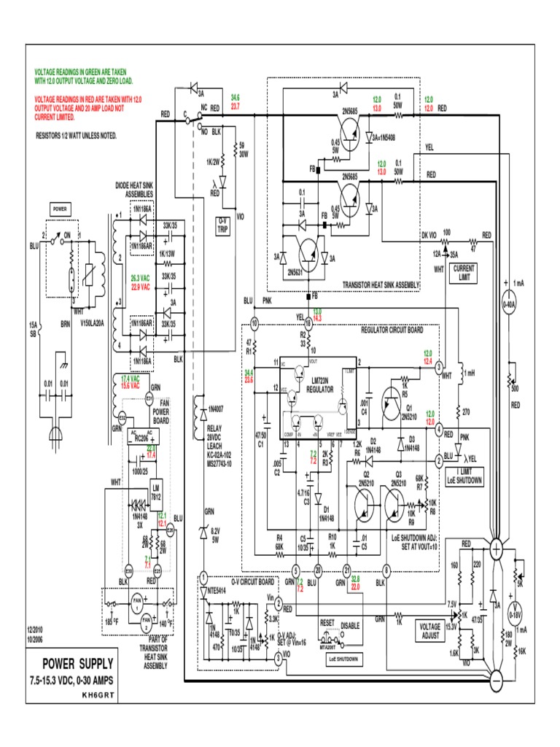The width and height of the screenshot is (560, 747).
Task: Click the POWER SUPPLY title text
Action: pos(77,663)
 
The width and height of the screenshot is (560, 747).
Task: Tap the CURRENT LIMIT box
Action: pos(464,272)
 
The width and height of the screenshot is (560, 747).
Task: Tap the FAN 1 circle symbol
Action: pos(136,600)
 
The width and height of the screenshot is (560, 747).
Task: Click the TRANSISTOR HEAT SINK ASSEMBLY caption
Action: pos(381,285)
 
